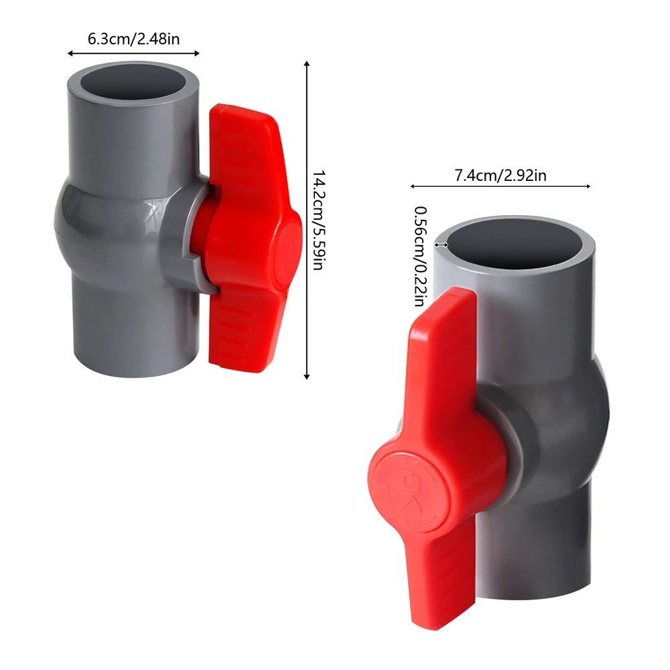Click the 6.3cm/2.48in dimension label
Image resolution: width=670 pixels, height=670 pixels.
[134, 39]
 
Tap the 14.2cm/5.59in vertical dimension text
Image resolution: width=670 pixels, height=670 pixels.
[319, 220]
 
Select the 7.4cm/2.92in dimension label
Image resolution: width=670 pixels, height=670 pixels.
[500, 175]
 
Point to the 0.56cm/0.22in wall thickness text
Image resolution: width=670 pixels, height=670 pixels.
[421, 257]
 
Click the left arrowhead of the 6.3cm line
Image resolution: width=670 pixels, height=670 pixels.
[70, 54]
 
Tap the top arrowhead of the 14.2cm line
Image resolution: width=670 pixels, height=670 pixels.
[306, 63]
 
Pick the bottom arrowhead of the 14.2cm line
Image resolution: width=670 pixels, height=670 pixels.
[306, 377]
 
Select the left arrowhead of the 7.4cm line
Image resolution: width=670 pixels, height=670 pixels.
[412, 186]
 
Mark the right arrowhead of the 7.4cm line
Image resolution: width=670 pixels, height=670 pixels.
[588, 186]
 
